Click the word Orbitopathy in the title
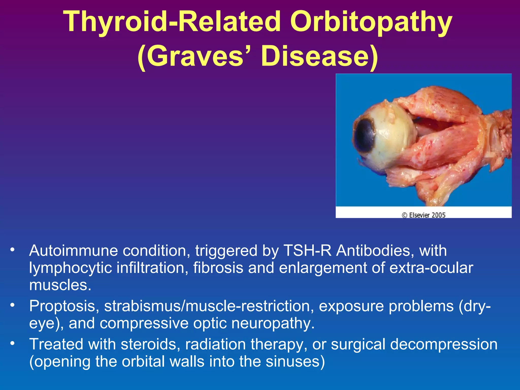[x=371, y=23]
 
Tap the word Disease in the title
[x=320, y=56]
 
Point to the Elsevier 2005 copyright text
[x=424, y=215]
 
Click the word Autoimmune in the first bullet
[x=74, y=251]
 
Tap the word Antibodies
[x=373, y=251]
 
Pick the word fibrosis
[x=218, y=268]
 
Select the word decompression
[x=444, y=345]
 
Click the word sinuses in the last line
[x=295, y=362]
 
